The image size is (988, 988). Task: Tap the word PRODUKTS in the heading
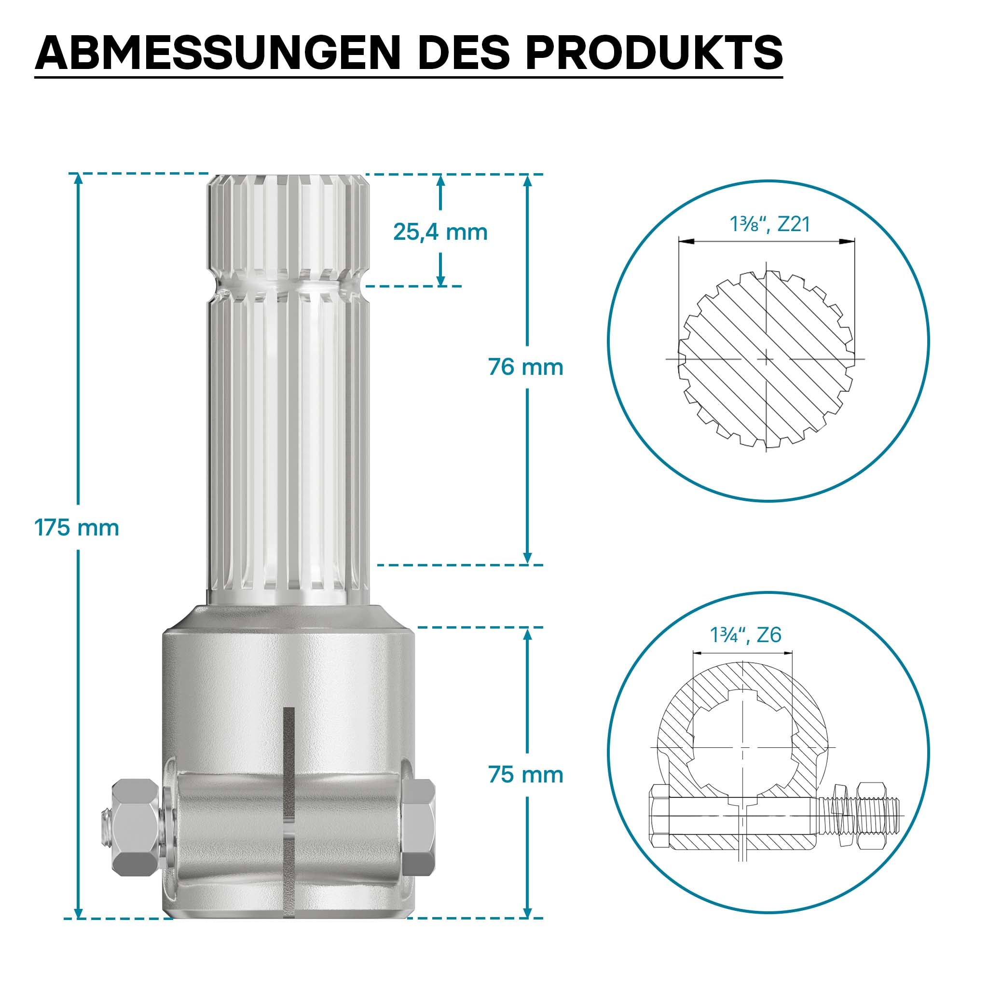[x=654, y=53]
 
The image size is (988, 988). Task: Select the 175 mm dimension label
[x=77, y=527]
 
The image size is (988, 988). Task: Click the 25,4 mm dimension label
[x=440, y=232]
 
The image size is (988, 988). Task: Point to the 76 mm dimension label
[x=526, y=367]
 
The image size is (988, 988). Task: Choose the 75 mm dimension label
[x=526, y=775]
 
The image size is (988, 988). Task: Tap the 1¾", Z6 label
[x=746, y=635]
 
